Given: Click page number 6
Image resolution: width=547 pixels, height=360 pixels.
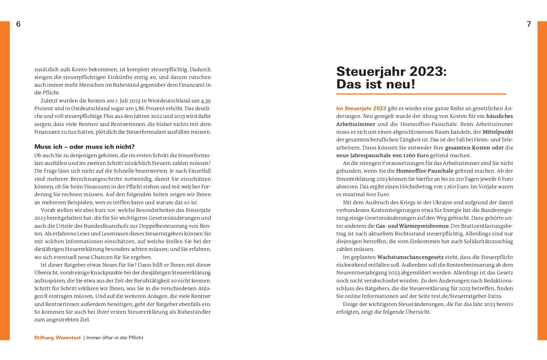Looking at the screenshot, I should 18,24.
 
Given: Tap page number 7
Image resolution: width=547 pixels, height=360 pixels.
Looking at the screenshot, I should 529,24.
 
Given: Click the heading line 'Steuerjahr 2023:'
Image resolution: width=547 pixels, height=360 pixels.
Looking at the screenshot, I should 391,72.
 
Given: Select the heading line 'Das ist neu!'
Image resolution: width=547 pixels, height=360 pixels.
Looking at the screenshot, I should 376,85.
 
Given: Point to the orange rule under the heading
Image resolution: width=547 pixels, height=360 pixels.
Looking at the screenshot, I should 421,94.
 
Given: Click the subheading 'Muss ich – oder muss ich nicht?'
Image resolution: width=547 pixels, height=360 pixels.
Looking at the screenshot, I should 85,147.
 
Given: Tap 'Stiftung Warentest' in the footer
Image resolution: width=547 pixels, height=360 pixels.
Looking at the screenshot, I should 58,338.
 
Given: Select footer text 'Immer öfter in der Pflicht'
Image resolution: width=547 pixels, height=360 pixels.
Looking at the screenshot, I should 115,338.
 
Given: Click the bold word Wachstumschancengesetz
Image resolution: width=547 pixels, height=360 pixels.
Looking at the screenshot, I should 410,257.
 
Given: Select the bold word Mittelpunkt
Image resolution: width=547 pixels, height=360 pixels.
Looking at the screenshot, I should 498,132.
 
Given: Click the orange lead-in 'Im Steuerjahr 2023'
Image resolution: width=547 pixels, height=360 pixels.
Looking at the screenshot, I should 361,108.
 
